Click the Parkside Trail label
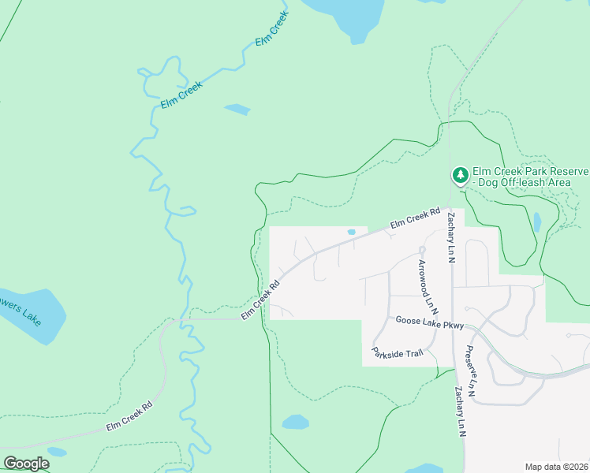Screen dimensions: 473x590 pos(398,352)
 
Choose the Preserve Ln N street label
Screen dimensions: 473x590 pos(470,371)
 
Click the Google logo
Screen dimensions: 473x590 pos(26,464)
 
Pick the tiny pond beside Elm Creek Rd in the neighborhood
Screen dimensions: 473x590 pos(350,232)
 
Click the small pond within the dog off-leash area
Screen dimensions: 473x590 pos(537,222)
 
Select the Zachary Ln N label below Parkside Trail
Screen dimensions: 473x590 pos(460,412)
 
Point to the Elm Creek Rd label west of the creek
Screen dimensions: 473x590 pos(129,416)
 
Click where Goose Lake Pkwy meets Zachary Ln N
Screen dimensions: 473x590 pos(453,322)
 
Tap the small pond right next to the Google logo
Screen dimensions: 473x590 pos(57,453)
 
